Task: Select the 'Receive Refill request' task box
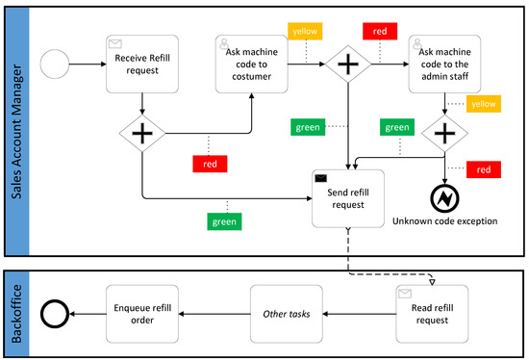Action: tap(142, 64)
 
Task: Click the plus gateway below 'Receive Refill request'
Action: tap(142, 135)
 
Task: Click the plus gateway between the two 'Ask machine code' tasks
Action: tap(347, 64)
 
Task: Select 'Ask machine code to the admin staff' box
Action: tap(444, 64)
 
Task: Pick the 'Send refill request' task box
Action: tap(347, 198)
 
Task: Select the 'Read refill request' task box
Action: tap(432, 314)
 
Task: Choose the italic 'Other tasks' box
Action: tap(287, 314)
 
